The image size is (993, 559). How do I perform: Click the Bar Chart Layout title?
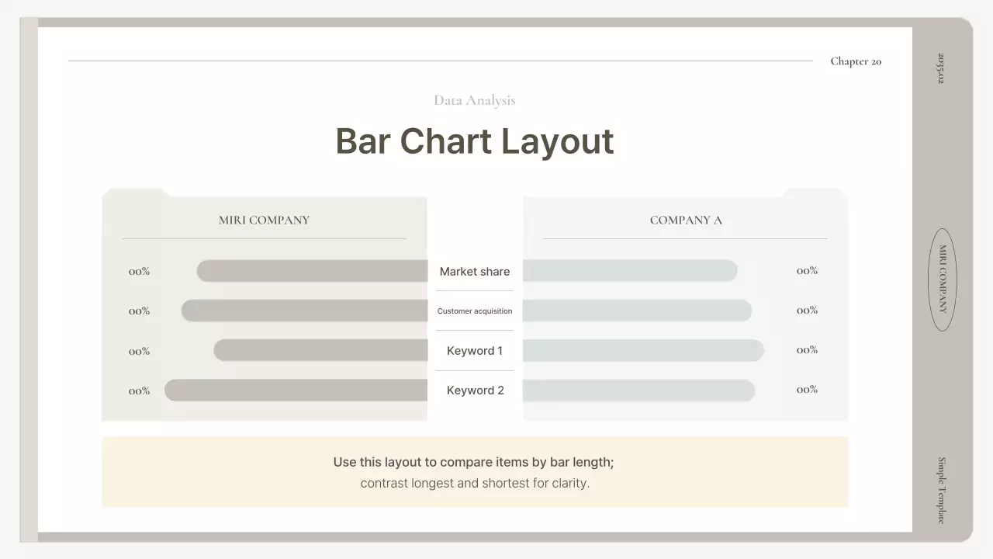pos(474,141)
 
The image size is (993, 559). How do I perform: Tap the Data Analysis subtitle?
pos(474,100)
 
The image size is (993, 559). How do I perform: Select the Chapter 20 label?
pos(856,61)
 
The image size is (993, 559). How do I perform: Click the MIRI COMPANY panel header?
pos(264,220)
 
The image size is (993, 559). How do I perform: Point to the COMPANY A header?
pos(686,220)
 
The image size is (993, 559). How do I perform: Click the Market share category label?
pos(474,272)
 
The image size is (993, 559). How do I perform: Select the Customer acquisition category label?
pos(474,311)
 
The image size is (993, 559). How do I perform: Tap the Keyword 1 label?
pos(474,351)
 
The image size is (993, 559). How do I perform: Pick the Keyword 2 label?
pos(475,391)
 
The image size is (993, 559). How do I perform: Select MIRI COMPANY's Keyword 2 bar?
pos(296,391)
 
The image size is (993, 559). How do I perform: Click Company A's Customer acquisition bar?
pos(637,311)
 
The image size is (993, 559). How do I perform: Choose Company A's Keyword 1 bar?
pos(643,350)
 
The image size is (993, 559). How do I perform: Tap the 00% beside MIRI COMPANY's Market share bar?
pos(140,272)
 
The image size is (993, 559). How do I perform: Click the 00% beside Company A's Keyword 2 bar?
pos(807,390)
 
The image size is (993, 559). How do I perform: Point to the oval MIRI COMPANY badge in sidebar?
pos(943,279)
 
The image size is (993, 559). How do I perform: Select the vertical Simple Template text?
pos(942,490)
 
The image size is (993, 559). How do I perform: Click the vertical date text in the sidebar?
pos(942,68)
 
